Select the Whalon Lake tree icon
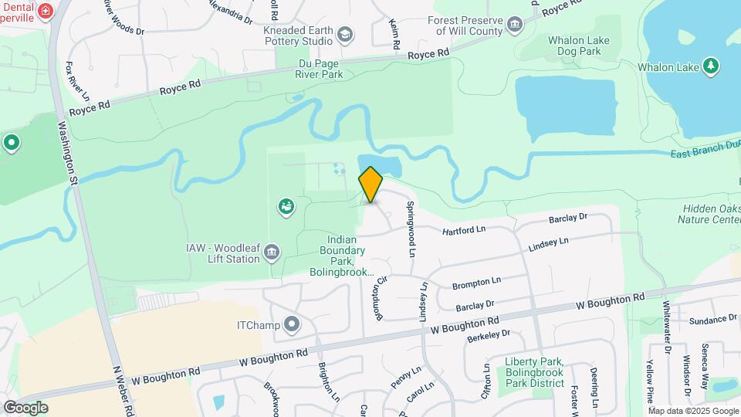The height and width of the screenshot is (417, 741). [711, 66]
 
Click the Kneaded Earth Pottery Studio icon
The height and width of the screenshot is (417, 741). [345, 34]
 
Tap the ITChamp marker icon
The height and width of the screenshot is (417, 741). [291, 324]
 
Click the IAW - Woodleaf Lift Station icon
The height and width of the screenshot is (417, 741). [272, 252]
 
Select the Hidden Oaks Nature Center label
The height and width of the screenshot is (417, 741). [710, 214]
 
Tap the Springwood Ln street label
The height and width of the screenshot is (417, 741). [411, 229]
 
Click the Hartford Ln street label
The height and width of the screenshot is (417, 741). [463, 230]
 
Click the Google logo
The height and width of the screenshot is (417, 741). [25, 407]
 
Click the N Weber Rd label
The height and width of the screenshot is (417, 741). [122, 391]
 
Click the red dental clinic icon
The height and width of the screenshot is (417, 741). [46, 11]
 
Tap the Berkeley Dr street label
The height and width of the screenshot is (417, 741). [489, 334]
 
